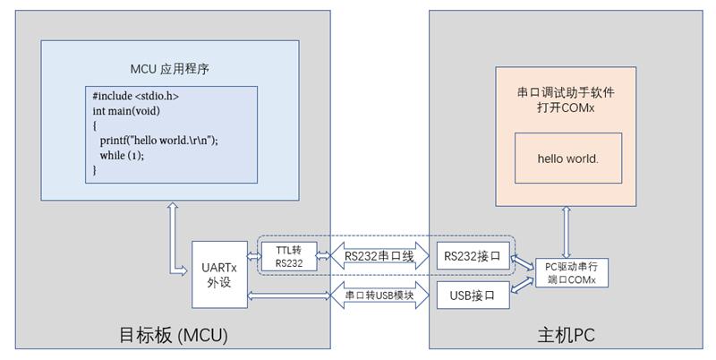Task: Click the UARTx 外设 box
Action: [x=218, y=271]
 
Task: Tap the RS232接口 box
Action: [x=472, y=257]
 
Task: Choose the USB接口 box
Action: [x=472, y=294]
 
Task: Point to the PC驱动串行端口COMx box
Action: [x=571, y=272]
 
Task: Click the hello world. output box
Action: [x=567, y=159]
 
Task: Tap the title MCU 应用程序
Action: [x=170, y=69]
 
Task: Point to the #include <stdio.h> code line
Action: [x=141, y=96]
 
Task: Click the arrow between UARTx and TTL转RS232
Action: [x=254, y=257]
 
